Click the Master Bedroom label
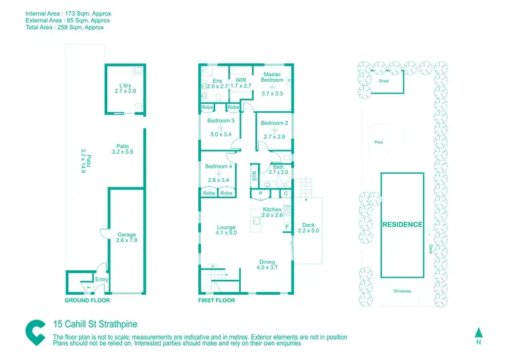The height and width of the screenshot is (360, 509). (272, 77)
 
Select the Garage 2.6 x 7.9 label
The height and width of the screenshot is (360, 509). (126, 237)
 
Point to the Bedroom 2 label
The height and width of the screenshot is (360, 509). (275, 123)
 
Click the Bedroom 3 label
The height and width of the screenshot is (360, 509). (221, 121)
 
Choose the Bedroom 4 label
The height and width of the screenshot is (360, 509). (219, 166)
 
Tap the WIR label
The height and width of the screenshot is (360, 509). (241, 79)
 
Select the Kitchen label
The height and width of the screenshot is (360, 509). (272, 209)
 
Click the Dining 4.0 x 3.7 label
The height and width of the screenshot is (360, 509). (267, 264)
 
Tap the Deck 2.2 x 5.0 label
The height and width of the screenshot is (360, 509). (307, 228)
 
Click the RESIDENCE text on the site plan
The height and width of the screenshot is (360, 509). (402, 225)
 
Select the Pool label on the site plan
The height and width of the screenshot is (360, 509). (379, 143)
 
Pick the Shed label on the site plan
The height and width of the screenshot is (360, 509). (383, 81)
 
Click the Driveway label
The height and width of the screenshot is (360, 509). (402, 291)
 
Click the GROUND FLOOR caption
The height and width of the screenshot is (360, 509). (87, 300)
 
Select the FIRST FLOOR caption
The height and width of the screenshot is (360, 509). (216, 300)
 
